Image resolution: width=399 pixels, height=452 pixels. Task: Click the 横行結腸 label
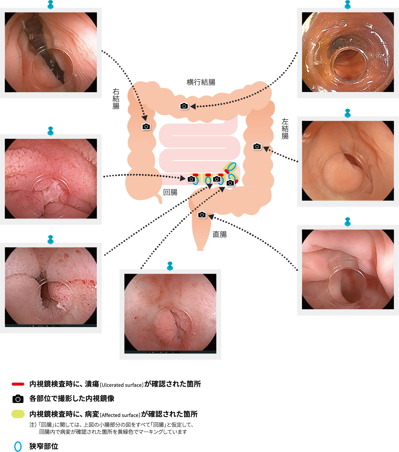pyautogui.click(x=201, y=82)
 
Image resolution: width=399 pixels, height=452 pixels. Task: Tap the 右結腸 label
pyautogui.click(x=116, y=99)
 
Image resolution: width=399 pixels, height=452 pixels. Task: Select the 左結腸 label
pyautogui.click(x=285, y=129)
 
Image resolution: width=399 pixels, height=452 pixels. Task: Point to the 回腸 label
pyautogui.click(x=170, y=192)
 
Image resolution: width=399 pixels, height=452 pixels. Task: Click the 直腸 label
pyautogui.click(x=220, y=234)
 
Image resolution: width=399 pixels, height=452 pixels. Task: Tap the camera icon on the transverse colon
pyautogui.click(x=184, y=106)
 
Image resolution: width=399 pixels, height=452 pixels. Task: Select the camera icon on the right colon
pyautogui.click(x=146, y=126)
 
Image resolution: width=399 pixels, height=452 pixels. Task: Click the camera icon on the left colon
pyautogui.click(x=257, y=146)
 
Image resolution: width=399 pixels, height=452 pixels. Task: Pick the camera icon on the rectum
pyautogui.click(x=202, y=215)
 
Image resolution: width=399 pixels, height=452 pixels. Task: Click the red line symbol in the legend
pyautogui.click(x=18, y=384)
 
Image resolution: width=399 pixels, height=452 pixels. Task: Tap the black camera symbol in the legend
pyautogui.click(x=18, y=399)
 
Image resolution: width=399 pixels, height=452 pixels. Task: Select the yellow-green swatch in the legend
pyautogui.click(x=18, y=414)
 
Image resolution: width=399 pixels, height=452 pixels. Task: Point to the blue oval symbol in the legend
pyautogui.click(x=18, y=446)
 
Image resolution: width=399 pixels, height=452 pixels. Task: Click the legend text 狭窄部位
pyautogui.click(x=44, y=446)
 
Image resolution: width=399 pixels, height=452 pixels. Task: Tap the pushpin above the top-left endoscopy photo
pyautogui.click(x=51, y=5)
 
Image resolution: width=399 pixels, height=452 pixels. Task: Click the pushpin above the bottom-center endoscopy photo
pyautogui.click(x=170, y=266)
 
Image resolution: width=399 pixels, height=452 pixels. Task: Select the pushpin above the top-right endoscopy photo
pyautogui.click(x=348, y=5)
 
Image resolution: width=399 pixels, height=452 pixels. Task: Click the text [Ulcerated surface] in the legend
pyautogui.click(x=122, y=385)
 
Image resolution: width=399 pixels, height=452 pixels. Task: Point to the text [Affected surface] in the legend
pyautogui.click(x=120, y=415)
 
